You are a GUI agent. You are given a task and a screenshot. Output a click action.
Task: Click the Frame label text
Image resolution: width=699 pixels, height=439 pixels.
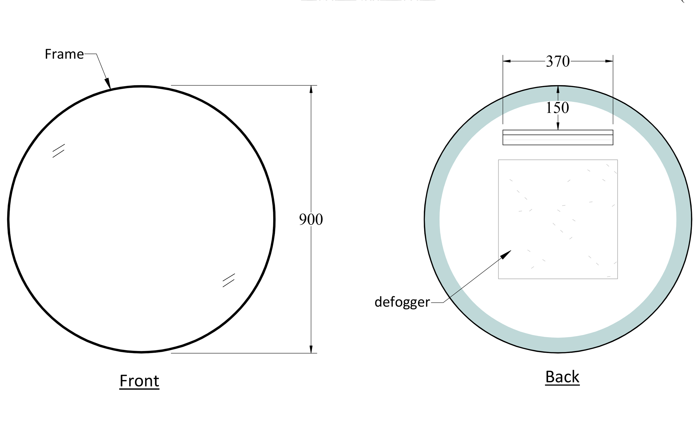tap(64, 54)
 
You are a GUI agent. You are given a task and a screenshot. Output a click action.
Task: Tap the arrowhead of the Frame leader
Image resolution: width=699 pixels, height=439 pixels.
tap(108, 83)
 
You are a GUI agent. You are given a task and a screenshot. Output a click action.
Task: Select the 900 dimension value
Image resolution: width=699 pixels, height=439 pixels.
tap(311, 220)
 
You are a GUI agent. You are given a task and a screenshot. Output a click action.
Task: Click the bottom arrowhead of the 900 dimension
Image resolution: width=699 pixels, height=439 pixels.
tap(311, 349)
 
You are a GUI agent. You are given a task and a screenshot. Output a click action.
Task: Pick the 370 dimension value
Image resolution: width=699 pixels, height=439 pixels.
tap(558, 61)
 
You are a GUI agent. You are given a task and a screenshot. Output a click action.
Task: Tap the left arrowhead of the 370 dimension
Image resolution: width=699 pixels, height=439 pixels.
tap(507, 61)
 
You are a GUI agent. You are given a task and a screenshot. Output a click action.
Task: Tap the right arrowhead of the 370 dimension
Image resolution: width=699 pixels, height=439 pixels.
tap(609, 61)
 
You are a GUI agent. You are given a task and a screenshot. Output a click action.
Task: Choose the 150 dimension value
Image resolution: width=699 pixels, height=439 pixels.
tap(557, 108)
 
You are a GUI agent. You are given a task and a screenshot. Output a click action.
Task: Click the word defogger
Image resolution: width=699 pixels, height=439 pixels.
tap(402, 302)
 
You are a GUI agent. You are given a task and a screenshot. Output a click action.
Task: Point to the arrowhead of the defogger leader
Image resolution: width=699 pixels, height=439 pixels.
tap(506, 255)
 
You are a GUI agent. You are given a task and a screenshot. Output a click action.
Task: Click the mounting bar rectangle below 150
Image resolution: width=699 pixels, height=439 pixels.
tap(558, 137)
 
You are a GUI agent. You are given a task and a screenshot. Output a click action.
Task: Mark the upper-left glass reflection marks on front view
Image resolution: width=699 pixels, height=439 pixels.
tap(58, 151)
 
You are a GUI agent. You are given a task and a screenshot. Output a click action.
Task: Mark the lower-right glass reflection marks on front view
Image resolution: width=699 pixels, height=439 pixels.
tap(229, 280)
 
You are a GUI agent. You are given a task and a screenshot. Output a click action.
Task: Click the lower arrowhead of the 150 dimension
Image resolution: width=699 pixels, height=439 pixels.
tap(558, 126)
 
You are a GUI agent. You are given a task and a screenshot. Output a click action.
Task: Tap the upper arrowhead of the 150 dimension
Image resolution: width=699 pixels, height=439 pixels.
tap(558, 89)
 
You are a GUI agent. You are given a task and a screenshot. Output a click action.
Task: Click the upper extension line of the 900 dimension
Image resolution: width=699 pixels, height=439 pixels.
tap(244, 85)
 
